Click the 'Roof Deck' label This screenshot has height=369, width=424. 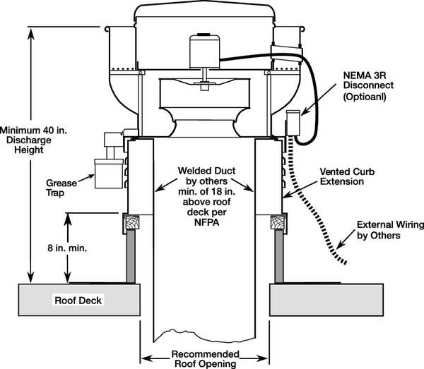pos(78,301)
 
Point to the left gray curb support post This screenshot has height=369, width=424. pos(133,258)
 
